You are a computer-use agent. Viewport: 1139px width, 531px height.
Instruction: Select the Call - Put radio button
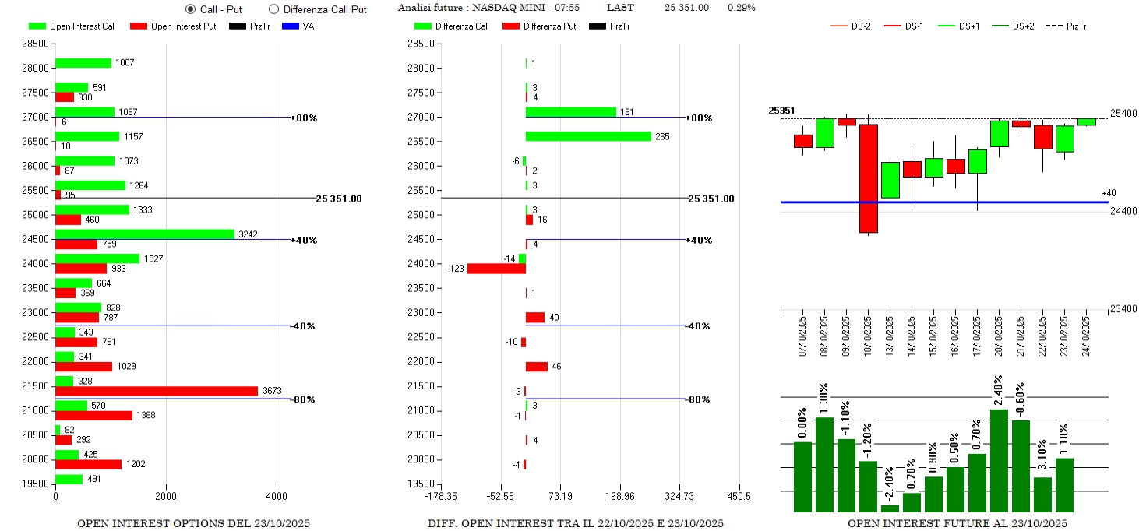[191, 9]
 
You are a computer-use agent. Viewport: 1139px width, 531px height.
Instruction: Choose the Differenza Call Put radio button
[273, 9]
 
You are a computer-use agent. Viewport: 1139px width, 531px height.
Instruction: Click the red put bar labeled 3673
[156, 391]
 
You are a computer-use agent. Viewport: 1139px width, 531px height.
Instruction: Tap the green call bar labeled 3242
[144, 234]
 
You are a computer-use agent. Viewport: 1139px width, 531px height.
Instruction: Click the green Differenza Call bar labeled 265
[588, 136]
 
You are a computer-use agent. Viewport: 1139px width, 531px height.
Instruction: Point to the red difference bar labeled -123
[496, 269]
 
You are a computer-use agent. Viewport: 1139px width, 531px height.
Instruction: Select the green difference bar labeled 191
[570, 112]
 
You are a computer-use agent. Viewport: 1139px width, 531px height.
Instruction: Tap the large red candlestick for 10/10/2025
[869, 178]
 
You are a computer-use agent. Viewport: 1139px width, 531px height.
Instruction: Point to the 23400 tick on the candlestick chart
[1123, 309]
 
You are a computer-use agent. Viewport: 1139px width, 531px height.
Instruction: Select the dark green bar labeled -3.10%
[1042, 494]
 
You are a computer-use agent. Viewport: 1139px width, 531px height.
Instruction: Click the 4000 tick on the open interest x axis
[276, 496]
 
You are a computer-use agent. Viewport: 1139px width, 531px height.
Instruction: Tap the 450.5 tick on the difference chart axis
[738, 496]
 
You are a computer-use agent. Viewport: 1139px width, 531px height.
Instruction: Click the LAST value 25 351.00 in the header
[686, 8]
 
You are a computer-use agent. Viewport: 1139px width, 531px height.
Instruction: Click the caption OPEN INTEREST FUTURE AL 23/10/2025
[957, 523]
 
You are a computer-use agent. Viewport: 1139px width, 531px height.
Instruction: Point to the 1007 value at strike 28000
[125, 63]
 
